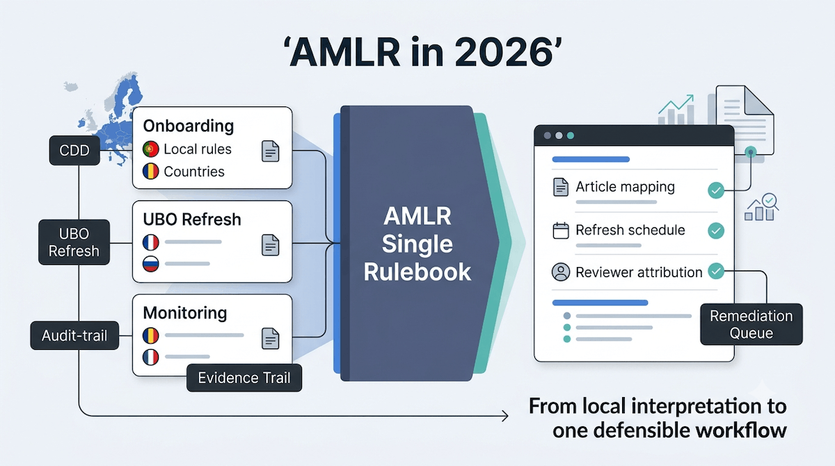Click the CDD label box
click(x=74, y=150)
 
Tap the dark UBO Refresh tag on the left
click(x=74, y=242)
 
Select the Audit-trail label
click(x=74, y=336)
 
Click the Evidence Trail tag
click(x=244, y=378)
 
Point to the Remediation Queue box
click(x=751, y=324)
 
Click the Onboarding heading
click(x=189, y=126)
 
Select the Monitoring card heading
click(x=185, y=313)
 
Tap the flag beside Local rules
click(x=150, y=149)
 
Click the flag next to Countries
click(x=150, y=171)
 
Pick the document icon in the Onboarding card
click(x=270, y=151)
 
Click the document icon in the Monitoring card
click(x=270, y=338)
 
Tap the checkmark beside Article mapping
click(x=716, y=191)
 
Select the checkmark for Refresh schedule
click(x=716, y=231)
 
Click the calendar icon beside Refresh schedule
click(x=561, y=230)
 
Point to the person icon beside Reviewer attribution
click(x=561, y=271)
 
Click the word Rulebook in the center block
click(x=417, y=272)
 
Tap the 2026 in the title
click(x=504, y=52)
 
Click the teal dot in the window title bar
click(x=571, y=136)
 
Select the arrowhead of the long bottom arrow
click(x=505, y=416)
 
